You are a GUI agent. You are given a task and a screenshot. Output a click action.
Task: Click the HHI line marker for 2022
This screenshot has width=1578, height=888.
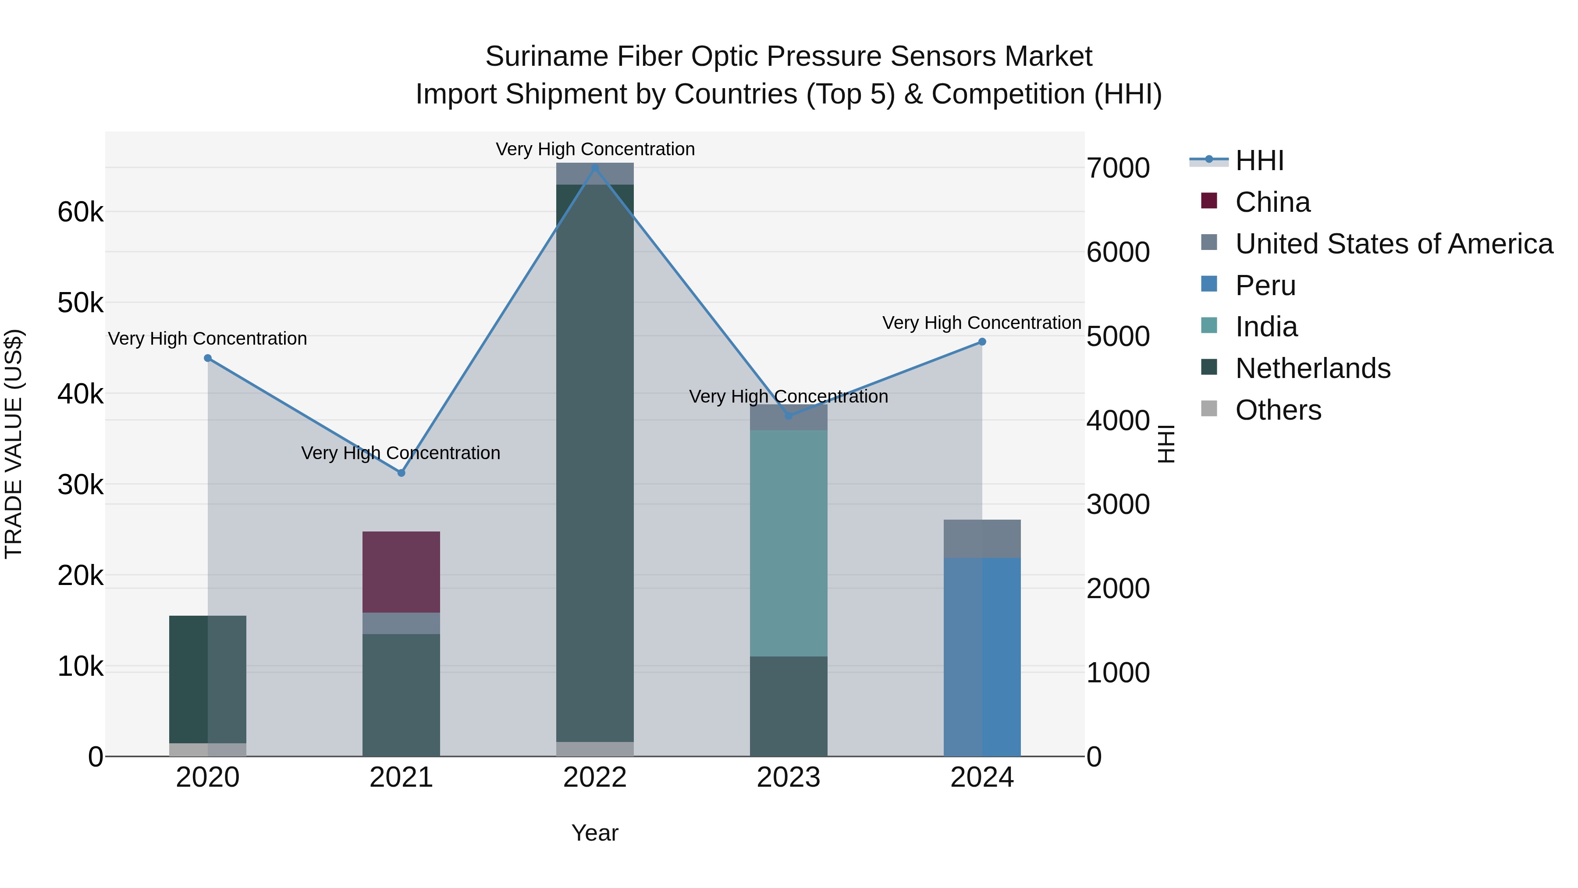(595, 168)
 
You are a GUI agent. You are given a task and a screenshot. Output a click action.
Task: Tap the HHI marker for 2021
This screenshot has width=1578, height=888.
(401, 472)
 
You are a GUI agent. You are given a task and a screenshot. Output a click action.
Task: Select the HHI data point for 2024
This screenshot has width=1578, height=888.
(982, 342)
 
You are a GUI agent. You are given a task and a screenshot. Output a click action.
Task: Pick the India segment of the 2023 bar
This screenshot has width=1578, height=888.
(789, 542)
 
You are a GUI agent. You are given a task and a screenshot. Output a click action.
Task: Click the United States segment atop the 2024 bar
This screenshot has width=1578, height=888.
(982, 538)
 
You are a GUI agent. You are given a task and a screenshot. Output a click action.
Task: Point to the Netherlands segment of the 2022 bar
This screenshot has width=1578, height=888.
(595, 463)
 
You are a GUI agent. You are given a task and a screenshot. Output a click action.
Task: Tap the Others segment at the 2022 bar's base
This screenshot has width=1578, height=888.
(595, 749)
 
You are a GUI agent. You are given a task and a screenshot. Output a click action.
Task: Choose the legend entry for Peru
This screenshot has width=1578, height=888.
(1265, 285)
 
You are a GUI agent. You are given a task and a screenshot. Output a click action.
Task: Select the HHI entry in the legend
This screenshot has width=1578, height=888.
(1259, 160)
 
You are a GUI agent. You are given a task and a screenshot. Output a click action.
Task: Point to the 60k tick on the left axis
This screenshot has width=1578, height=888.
(80, 213)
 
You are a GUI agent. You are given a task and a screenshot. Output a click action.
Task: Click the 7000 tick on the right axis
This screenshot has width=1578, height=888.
(1118, 168)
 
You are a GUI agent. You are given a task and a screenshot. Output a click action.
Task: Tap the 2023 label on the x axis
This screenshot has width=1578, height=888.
(789, 777)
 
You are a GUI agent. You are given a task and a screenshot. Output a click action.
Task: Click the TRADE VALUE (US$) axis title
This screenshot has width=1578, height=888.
(14, 444)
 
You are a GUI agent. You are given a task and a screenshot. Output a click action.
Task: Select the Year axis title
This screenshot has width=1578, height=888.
(595, 833)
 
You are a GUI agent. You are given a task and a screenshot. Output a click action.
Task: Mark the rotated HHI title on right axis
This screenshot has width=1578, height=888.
(1166, 444)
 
